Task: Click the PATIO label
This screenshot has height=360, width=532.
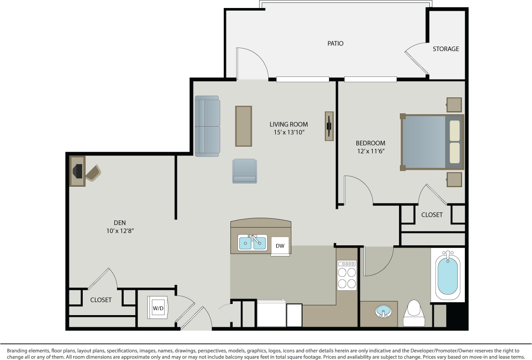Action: tap(335, 44)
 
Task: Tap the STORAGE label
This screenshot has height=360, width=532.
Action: tap(446, 49)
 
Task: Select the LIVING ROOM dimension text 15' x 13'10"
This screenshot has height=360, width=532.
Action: tap(289, 132)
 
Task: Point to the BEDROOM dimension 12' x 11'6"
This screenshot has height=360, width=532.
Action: tap(370, 151)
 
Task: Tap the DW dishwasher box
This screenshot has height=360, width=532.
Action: tap(280, 246)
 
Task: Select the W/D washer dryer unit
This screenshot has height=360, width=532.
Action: tap(158, 308)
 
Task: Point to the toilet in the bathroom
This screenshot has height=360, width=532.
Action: tap(414, 313)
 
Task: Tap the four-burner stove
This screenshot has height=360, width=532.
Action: tap(347, 275)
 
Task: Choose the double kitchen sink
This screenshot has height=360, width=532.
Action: tap(252, 243)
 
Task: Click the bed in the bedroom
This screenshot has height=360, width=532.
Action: tap(432, 142)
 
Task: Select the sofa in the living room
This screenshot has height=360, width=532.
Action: tap(207, 126)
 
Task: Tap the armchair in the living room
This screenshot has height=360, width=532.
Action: tap(244, 171)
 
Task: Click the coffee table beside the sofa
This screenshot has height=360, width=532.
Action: tap(243, 126)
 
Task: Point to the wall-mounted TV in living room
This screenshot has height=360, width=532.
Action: tap(329, 126)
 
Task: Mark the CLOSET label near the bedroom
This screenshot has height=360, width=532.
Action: tap(432, 215)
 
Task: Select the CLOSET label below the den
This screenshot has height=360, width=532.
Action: tap(101, 300)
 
